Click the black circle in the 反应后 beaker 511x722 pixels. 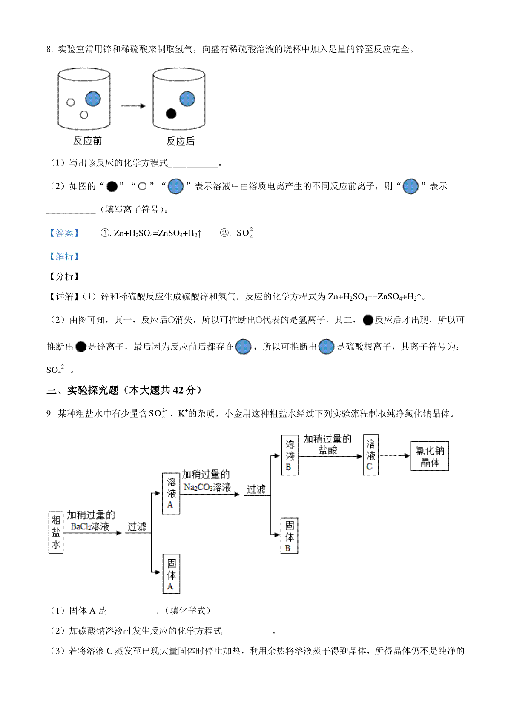171,114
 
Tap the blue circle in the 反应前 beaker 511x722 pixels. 93,99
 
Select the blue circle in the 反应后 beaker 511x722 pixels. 187,99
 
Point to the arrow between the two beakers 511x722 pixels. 133,106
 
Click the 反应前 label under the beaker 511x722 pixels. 87,141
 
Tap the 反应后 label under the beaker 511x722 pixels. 180,141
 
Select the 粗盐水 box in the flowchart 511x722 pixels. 56,532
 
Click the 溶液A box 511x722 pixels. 171,493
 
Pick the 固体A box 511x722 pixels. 171,574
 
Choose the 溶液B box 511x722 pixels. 290,455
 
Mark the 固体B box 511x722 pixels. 289,536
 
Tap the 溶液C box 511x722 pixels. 370,455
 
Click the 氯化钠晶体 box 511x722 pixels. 429,456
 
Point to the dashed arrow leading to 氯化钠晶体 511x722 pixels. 395,455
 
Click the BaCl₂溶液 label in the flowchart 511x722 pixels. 90,526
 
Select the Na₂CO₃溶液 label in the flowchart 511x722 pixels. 207,487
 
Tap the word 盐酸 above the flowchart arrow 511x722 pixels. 327,450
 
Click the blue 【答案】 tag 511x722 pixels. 64,233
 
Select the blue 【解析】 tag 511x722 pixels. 64,256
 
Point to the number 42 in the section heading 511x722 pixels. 178,390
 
